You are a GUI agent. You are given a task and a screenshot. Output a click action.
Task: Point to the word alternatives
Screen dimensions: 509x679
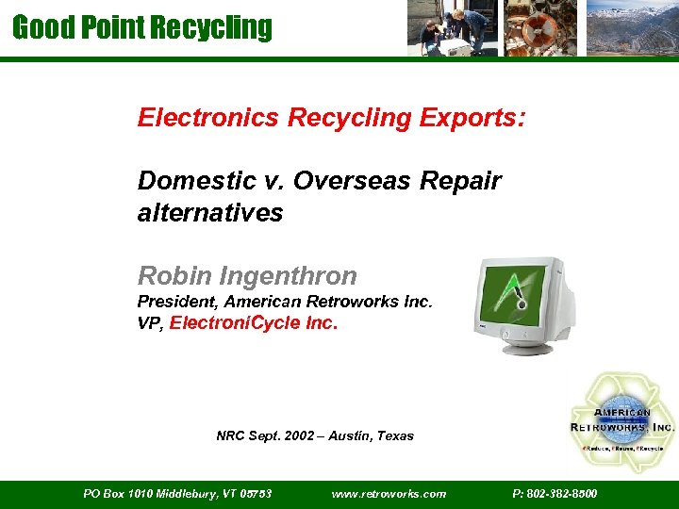point(209,213)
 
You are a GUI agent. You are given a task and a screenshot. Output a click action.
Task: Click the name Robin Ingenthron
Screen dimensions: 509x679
point(247,276)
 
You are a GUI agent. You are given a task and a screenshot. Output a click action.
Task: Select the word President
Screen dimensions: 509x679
point(176,303)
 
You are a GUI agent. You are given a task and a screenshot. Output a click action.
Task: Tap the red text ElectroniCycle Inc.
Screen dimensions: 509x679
point(253,323)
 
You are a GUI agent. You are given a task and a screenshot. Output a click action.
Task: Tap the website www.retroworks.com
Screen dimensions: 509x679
point(389,493)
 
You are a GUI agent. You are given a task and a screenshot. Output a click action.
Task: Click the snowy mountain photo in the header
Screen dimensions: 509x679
point(631,28)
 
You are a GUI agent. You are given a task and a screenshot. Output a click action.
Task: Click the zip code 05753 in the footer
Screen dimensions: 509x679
point(256,493)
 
